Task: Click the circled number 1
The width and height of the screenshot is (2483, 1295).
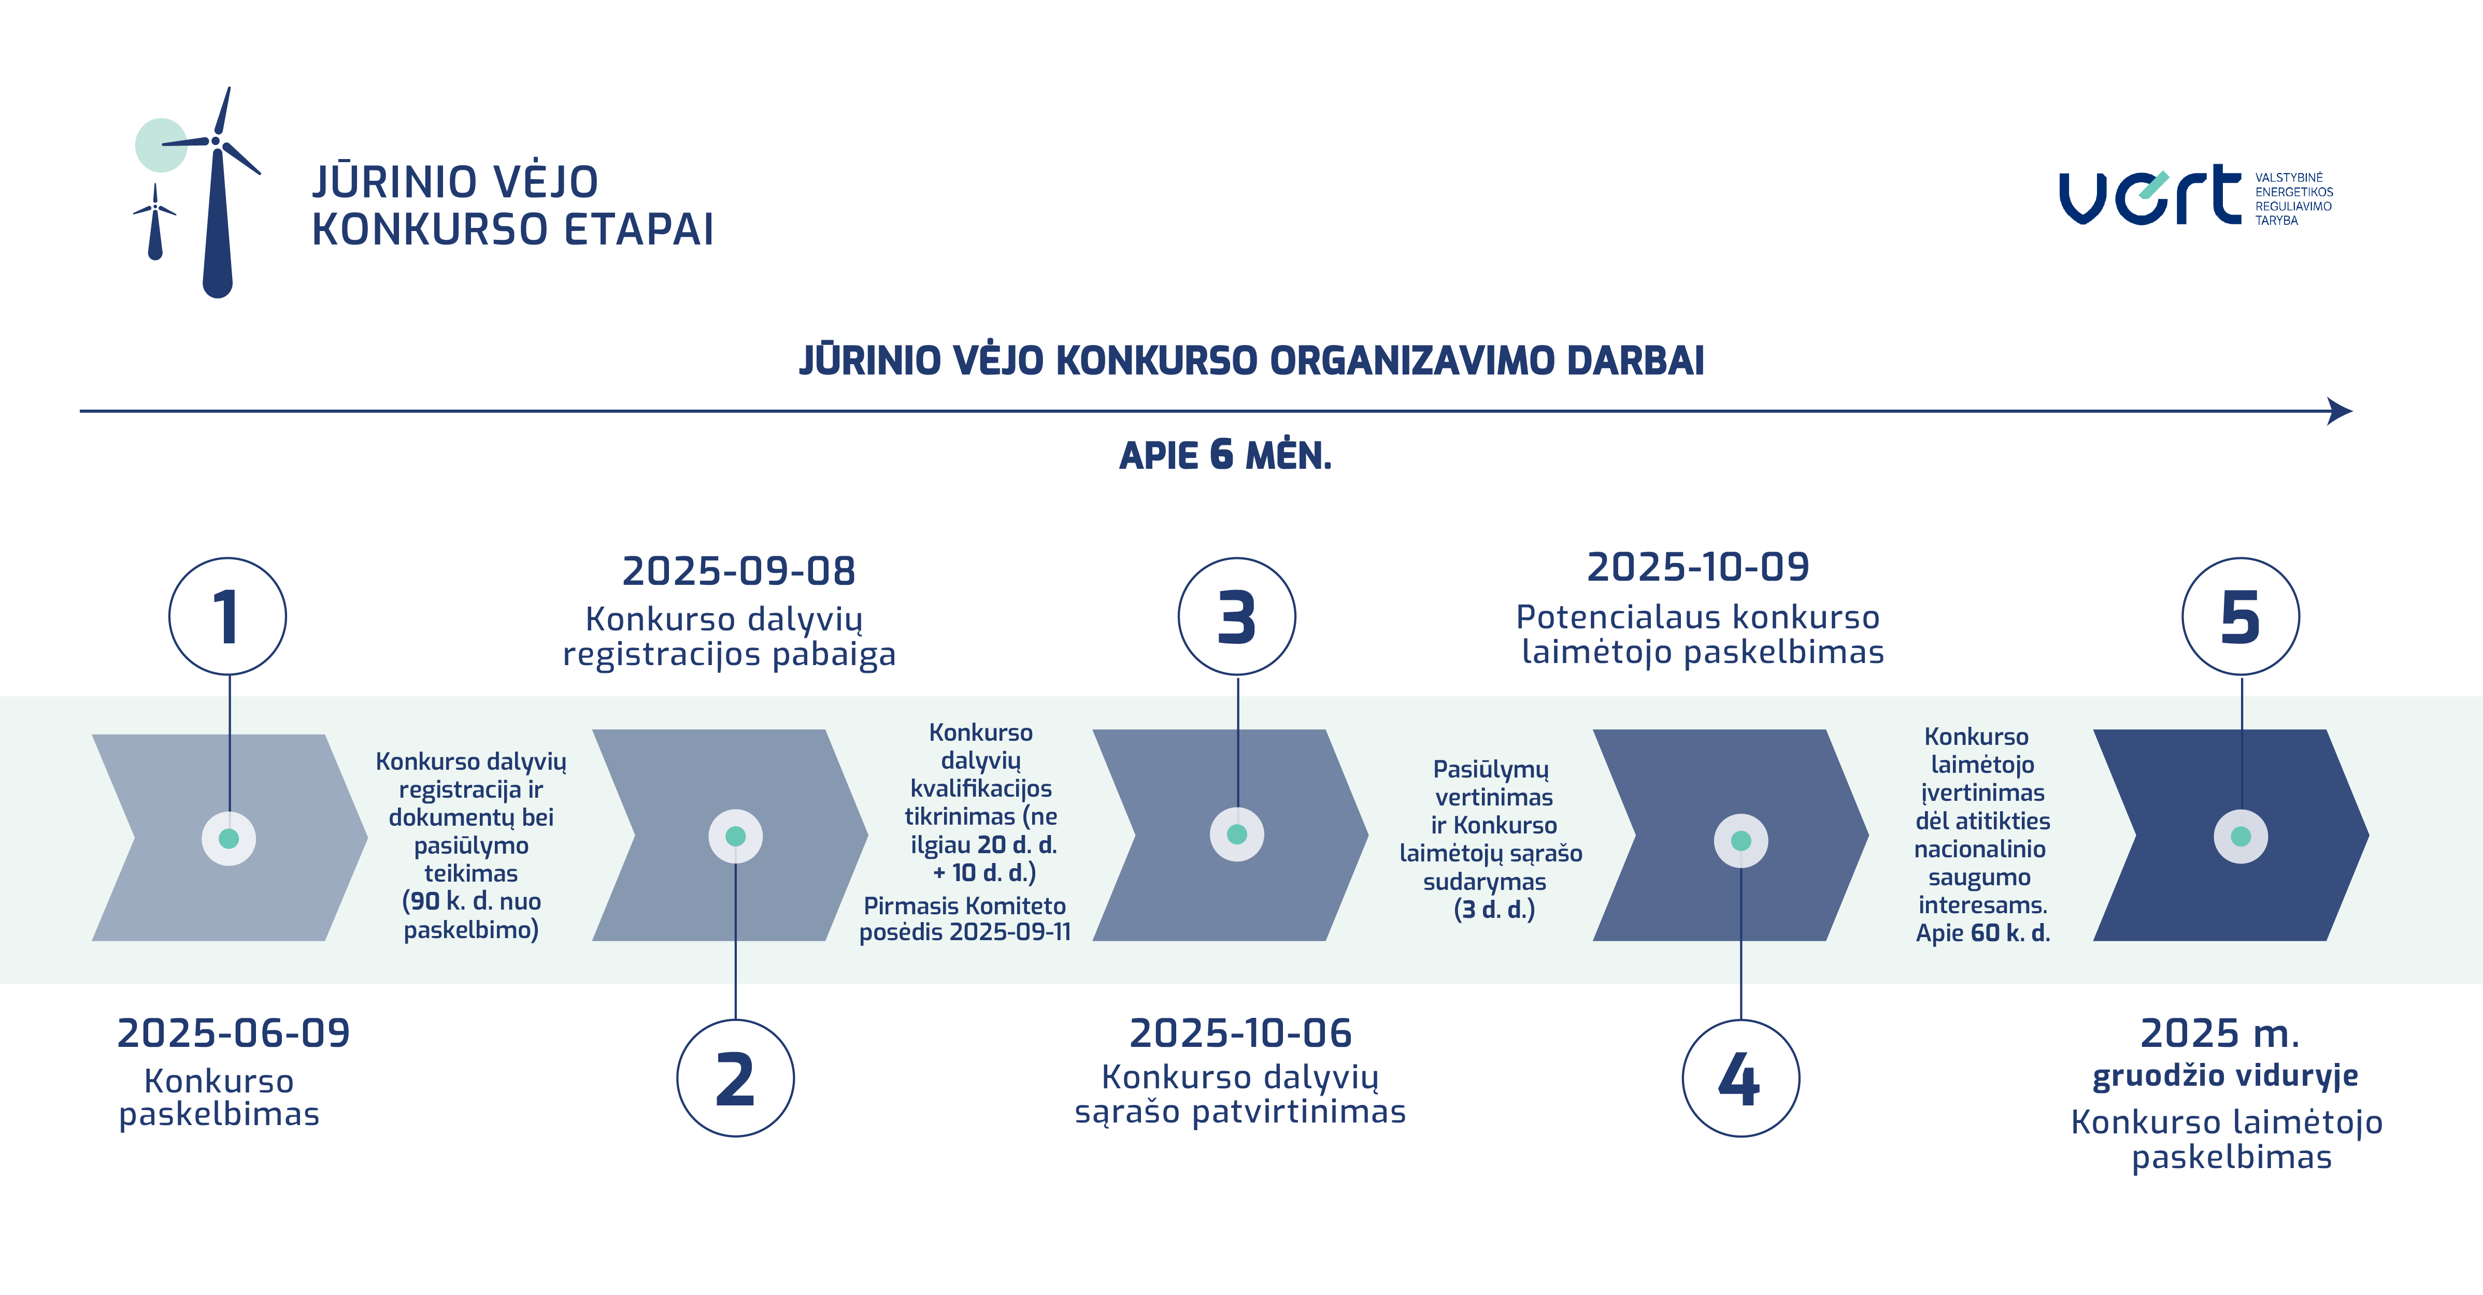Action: point(227,616)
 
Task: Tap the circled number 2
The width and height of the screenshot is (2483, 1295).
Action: point(735,1078)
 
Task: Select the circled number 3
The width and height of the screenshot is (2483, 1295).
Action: point(1237,616)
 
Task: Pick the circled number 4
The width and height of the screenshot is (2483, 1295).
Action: point(1741,1078)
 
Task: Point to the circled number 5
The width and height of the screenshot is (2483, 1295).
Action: point(2241,616)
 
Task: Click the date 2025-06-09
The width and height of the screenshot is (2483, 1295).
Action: point(233,1033)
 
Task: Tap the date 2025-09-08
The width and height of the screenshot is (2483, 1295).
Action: point(738,570)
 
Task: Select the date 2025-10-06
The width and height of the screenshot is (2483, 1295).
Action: point(1240,1033)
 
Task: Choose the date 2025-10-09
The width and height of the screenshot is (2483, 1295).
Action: point(1699,567)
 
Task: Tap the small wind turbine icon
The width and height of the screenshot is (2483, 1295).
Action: point(155,222)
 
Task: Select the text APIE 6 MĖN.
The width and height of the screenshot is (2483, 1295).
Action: point(1225,455)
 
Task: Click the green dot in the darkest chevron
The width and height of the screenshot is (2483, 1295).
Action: point(2241,837)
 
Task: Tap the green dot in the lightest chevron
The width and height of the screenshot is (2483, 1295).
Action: point(229,838)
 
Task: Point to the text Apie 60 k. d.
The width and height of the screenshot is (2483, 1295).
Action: point(1983,933)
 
